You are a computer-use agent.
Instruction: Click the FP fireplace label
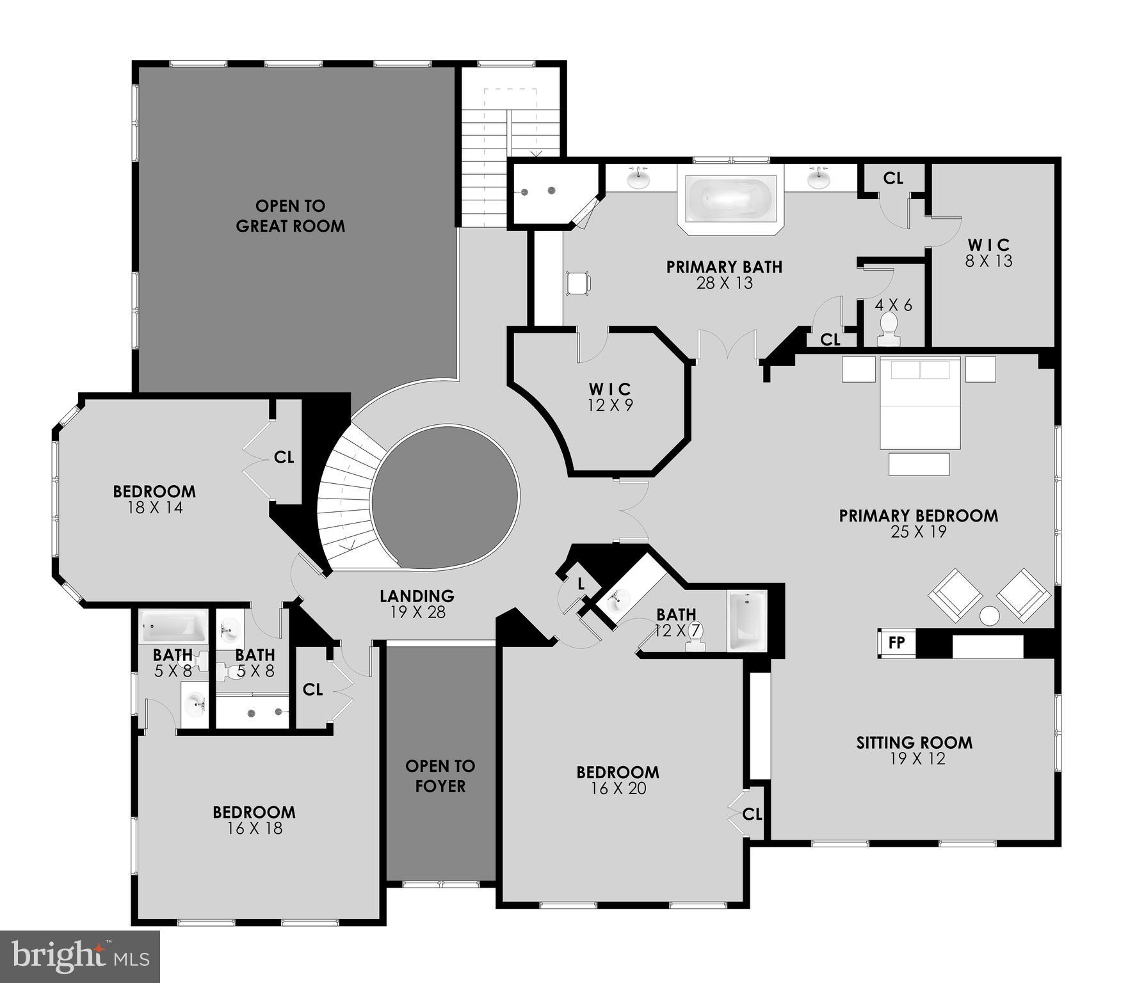point(896,642)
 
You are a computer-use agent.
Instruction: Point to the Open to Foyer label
point(440,776)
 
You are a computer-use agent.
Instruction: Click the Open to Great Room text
point(290,216)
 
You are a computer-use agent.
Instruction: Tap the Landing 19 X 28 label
point(417,603)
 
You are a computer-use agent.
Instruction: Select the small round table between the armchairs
point(989,616)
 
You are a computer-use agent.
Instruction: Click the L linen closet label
point(581,583)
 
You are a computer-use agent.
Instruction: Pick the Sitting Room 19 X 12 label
point(914,750)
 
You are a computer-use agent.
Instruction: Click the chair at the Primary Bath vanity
point(579,283)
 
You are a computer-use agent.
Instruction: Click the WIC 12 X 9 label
point(610,397)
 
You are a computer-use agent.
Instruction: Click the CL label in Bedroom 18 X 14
point(284,457)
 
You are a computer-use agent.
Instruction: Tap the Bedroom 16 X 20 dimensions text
point(618,788)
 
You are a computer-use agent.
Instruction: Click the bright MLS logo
point(80,956)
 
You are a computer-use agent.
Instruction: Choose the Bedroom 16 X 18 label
point(254,820)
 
